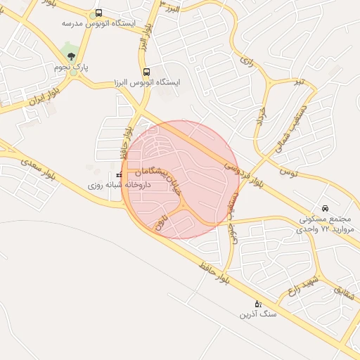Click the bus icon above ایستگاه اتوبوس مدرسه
98,13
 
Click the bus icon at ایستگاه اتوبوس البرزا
146,72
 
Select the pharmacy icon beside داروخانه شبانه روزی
119,174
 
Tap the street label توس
289,172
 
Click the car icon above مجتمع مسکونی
325,208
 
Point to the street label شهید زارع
302,284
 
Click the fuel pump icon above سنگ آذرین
258,304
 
